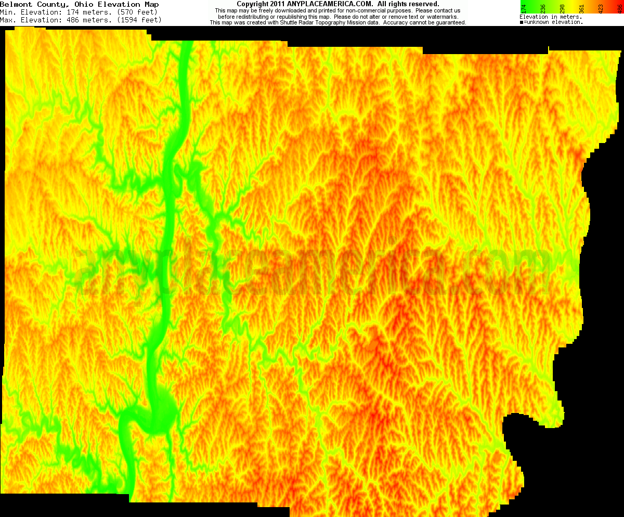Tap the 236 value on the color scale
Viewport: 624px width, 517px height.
(543, 8)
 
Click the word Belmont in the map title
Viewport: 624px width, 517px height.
(15, 4)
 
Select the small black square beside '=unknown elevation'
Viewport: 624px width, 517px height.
(522, 22)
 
